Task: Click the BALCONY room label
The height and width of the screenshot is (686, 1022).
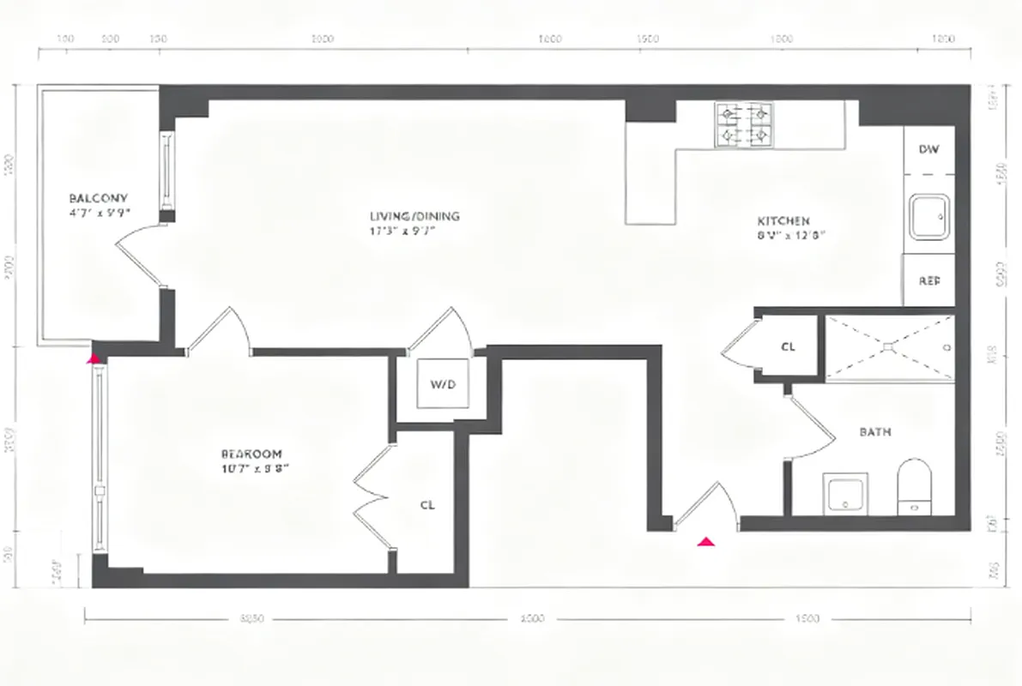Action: (x=98, y=198)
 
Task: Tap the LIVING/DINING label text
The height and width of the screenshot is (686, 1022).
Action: (x=414, y=216)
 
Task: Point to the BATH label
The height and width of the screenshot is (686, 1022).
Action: (x=874, y=432)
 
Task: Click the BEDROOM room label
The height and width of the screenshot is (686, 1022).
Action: (x=251, y=454)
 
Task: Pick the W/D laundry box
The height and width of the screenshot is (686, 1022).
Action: (x=442, y=383)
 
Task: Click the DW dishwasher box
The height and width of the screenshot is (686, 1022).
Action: (x=928, y=149)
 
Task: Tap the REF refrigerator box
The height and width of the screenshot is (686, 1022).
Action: (x=928, y=280)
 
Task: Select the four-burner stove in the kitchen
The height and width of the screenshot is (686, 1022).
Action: (x=743, y=124)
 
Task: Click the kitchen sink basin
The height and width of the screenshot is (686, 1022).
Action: (x=929, y=217)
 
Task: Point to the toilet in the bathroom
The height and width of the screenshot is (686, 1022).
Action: (x=914, y=486)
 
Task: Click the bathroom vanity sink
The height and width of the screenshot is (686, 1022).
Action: (x=845, y=495)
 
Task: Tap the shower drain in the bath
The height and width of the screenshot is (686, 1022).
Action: (x=889, y=347)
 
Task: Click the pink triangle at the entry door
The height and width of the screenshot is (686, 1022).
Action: (x=706, y=541)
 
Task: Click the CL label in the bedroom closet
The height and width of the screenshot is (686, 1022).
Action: (x=427, y=505)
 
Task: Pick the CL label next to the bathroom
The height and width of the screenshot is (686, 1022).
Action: (x=788, y=347)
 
